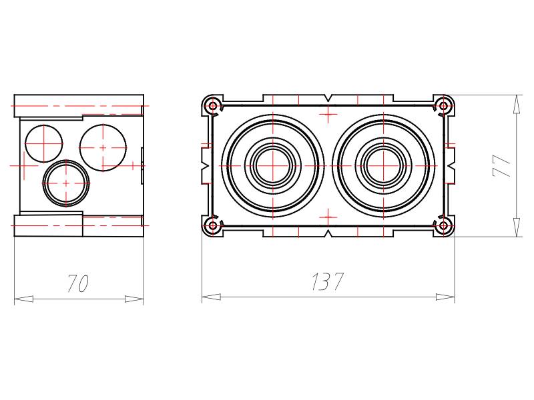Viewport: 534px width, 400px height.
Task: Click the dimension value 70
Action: pyautogui.click(x=78, y=283)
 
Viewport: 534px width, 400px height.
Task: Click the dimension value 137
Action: pyautogui.click(x=327, y=281)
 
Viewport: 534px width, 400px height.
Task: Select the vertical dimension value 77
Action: pyautogui.click(x=502, y=166)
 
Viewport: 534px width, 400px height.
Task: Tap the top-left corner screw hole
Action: pyautogui.click(x=213, y=106)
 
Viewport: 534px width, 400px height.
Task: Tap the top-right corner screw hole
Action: pyautogui.click(x=443, y=106)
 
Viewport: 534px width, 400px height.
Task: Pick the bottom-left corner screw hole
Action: pyautogui.click(x=213, y=225)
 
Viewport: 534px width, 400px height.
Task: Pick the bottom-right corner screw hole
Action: pyautogui.click(x=443, y=225)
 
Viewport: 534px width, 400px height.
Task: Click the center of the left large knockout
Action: pyautogui.click(x=273, y=166)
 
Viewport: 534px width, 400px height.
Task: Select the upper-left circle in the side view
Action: pyautogui.click(x=44, y=143)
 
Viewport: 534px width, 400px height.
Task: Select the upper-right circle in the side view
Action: pyautogui.click(x=103, y=147)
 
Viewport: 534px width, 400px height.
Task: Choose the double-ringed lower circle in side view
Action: pyautogui.click(x=66, y=183)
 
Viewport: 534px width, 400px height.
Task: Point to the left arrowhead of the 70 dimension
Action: pyautogui.click(x=23, y=299)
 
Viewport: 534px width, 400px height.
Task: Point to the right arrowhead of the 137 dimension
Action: pyautogui.click(x=445, y=297)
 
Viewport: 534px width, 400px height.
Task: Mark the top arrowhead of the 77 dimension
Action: pyautogui.click(x=517, y=105)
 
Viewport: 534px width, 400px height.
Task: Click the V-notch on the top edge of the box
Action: pyautogui.click(x=328, y=98)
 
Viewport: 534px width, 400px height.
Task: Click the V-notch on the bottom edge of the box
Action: pyautogui.click(x=328, y=233)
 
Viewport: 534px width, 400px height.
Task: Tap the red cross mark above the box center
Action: pyautogui.click(x=328, y=113)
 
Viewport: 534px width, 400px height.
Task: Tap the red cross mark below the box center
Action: pyautogui.click(x=328, y=217)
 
